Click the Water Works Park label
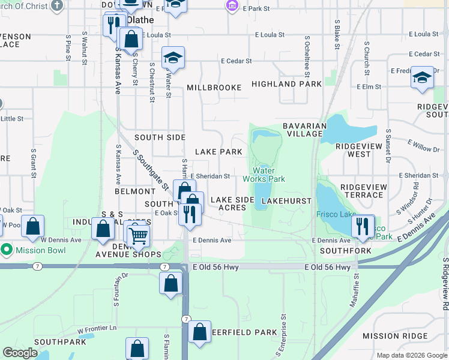coord(264,175)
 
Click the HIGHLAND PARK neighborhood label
coord(286,85)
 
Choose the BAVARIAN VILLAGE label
coord(304,130)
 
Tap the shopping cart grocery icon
coord(138,235)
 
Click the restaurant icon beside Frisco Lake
coord(363,226)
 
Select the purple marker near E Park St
coord(232,7)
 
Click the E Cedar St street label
coord(239,61)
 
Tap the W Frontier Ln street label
coord(97,329)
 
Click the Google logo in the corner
coord(20,353)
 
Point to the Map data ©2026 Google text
coord(411,355)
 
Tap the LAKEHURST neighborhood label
coord(287,201)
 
